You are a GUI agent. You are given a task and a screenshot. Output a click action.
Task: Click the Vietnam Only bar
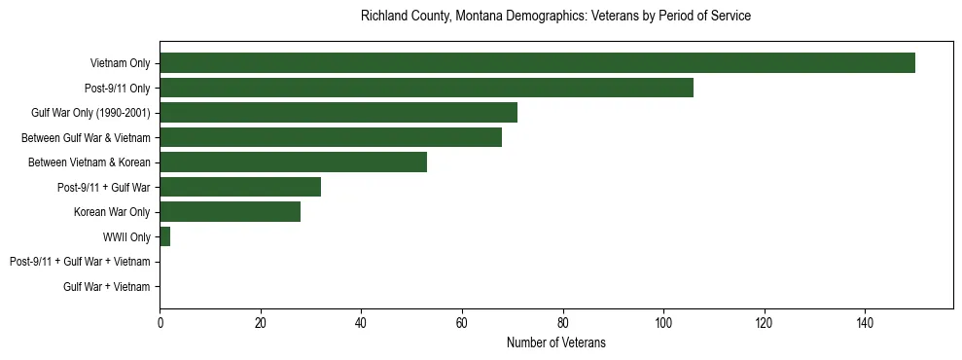click(x=537, y=63)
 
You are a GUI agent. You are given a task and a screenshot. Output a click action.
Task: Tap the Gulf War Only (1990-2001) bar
click(x=338, y=113)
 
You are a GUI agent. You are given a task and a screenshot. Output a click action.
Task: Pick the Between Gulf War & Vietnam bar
click(x=331, y=137)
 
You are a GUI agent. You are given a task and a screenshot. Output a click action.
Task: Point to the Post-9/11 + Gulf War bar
click(x=240, y=187)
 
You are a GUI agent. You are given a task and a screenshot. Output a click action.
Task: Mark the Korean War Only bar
click(x=230, y=211)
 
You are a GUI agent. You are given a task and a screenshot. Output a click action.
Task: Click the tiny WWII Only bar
click(x=164, y=236)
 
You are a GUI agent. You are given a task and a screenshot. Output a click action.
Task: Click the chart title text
click(x=555, y=17)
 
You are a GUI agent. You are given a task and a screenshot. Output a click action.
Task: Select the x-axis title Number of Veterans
click(x=555, y=342)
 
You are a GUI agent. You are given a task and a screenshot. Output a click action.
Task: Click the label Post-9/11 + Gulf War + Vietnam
click(x=80, y=262)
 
